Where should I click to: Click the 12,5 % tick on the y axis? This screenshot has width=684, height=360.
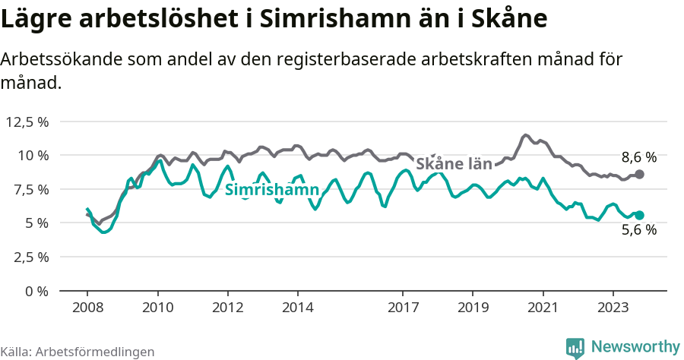[27, 122]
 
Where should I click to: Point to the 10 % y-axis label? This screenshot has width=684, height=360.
[33, 155]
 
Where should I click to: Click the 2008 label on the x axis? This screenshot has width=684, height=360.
[87, 308]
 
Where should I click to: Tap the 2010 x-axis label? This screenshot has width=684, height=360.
[157, 308]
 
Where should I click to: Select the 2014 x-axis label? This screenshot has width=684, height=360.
[297, 308]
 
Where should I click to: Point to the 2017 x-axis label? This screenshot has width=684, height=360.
[403, 308]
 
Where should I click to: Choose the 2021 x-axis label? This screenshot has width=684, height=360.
[543, 308]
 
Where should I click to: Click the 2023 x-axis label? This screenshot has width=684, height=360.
[613, 308]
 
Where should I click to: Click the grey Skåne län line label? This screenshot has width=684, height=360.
[454, 163]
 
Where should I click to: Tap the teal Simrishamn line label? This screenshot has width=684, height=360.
[271, 190]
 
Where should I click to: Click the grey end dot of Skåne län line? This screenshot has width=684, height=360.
[639, 175]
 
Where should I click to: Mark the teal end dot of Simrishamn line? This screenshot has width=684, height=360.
[639, 215]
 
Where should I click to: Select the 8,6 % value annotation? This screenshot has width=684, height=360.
[638, 158]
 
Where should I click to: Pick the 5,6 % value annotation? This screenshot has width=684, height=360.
[638, 230]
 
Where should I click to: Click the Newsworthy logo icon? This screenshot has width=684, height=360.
[575, 347]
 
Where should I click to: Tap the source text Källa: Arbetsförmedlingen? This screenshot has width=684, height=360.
[78, 352]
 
